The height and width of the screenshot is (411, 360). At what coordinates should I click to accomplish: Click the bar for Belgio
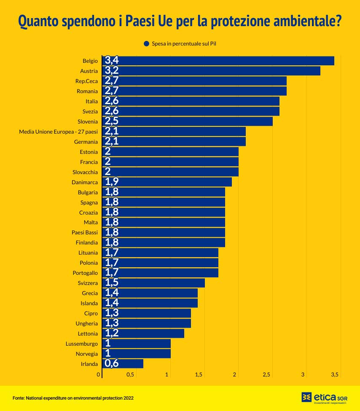coord(218,61)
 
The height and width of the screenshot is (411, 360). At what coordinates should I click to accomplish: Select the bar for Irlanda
coord(123,364)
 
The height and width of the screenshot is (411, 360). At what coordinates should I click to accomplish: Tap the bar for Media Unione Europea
coord(174,132)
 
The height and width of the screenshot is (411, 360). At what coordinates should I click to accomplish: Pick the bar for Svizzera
coord(154,283)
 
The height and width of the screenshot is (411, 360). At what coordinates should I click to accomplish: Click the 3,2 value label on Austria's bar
coord(112,71)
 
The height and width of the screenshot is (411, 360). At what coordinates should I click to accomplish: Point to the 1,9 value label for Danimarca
coord(112,182)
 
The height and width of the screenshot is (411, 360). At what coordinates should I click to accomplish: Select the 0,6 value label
coord(112,364)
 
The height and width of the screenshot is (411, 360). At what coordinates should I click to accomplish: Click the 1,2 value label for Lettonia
coord(112,333)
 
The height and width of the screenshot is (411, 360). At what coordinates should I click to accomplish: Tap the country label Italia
coord(91,101)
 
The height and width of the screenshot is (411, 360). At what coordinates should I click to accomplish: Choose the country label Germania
coord(86,142)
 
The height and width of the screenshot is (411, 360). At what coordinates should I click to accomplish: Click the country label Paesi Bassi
coord(85,233)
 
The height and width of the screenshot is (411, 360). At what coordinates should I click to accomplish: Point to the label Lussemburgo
coord(82,344)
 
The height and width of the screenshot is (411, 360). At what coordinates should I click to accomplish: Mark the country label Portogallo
coord(85,273)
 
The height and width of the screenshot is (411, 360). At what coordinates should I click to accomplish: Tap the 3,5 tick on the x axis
coord(335,375)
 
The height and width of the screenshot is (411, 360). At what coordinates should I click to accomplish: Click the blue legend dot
coord(147,43)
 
